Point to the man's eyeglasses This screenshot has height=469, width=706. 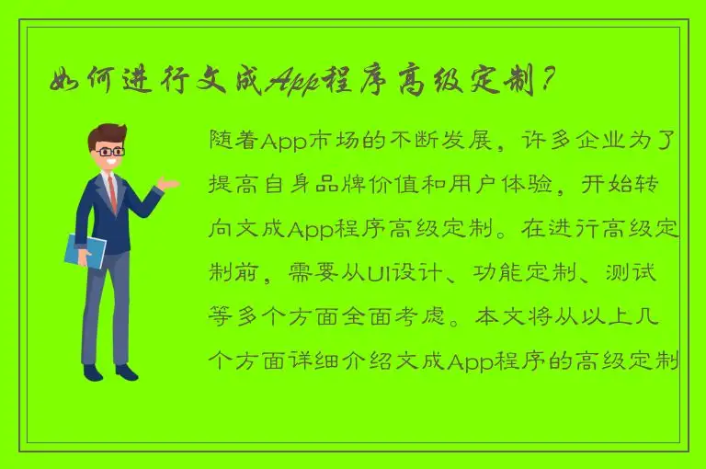tap(112, 151)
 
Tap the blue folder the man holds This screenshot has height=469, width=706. tap(85, 250)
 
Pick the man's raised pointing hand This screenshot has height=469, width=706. tap(168, 183)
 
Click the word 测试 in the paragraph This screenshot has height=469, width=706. tap(655, 273)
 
